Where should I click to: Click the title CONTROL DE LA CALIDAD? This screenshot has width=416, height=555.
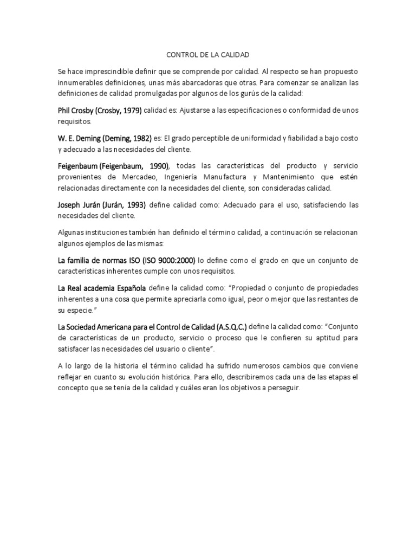(x=207, y=55)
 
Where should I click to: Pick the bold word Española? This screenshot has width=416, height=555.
(x=129, y=288)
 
